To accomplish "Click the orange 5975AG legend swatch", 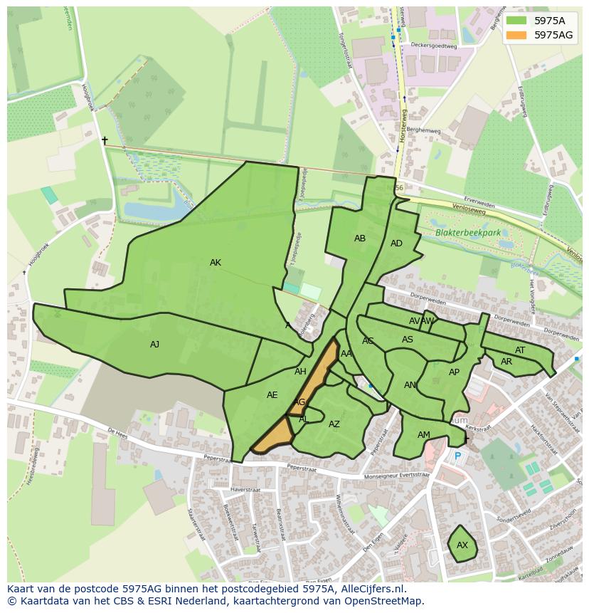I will [x=516, y=34].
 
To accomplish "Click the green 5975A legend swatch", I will [x=516, y=20].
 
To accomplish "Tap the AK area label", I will [x=216, y=263].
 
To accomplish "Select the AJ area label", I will [x=154, y=345].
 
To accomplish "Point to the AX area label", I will [x=462, y=545].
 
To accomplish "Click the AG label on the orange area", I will [x=299, y=402].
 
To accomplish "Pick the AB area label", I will [x=360, y=239].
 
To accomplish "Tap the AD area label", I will [x=396, y=243].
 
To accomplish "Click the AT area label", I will [x=520, y=350].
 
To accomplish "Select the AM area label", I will [x=424, y=435].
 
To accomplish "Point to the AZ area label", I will [x=334, y=424].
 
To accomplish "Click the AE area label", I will [x=272, y=395].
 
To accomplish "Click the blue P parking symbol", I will [x=457, y=456].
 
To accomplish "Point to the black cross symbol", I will [x=105, y=141].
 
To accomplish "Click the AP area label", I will [x=454, y=372].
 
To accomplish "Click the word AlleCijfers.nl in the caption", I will [x=371, y=589].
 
